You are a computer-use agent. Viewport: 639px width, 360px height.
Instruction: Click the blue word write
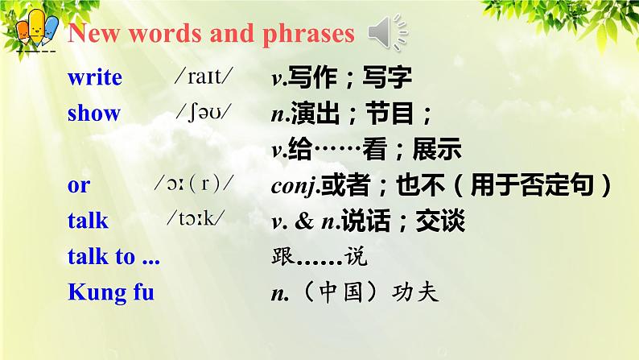pyautogui.click(x=94, y=78)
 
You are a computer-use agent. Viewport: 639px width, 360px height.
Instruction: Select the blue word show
pyautogui.click(x=93, y=114)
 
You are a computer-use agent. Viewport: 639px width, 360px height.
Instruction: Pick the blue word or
pyautogui.click(x=79, y=185)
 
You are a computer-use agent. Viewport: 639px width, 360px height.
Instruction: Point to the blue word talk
pyautogui.click(x=88, y=221)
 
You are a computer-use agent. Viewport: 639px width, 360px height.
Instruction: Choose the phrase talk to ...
pyautogui.click(x=113, y=257)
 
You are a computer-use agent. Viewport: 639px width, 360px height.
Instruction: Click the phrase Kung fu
pyautogui.click(x=110, y=292)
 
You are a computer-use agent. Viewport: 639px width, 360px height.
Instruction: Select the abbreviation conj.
pyautogui.click(x=294, y=186)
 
